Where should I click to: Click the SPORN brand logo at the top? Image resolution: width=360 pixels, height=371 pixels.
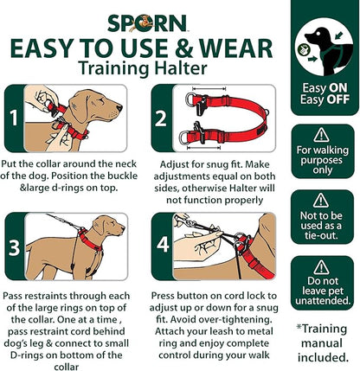click(x=144, y=22)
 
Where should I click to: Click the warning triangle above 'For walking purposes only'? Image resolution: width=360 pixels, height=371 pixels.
click(x=322, y=135)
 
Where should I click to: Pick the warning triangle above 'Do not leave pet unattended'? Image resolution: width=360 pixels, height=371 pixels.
click(x=322, y=267)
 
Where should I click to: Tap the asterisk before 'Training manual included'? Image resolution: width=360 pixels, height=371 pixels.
click(x=300, y=328)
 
